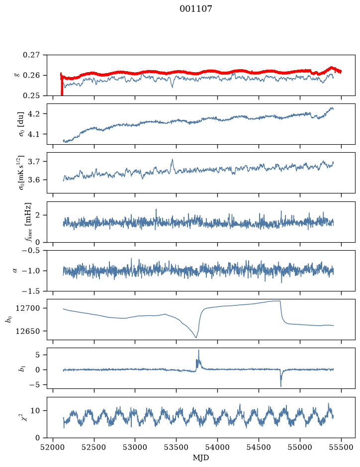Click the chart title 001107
(x=196, y=9)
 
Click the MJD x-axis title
(x=201, y=458)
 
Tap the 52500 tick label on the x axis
(x=94, y=447)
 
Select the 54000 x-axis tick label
(x=217, y=447)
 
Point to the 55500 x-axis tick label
(x=341, y=447)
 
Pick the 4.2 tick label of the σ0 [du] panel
(x=37, y=114)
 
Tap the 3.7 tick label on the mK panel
(x=37, y=162)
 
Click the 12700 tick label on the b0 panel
(x=27, y=308)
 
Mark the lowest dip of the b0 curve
(x=196, y=337)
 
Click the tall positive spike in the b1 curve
(x=198, y=351)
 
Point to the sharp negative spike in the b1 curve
(x=281, y=386)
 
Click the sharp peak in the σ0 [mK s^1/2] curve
(x=172, y=160)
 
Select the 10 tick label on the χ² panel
(x=36, y=411)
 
